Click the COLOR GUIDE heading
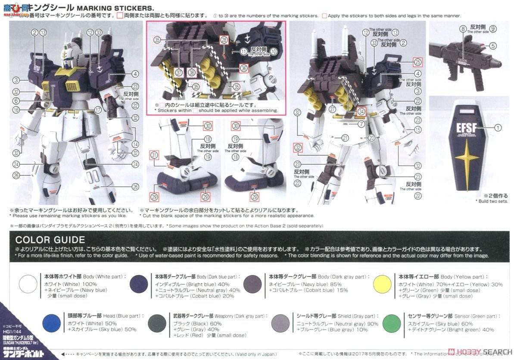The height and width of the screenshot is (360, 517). coord(50,240)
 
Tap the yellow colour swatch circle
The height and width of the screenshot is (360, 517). coord(382,284)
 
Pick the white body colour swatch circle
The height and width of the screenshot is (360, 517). coord(28,284)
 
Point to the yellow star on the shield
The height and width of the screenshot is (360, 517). coord(467,160)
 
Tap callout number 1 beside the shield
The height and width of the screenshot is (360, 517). coord(498,127)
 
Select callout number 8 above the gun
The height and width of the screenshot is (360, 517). coord(463,29)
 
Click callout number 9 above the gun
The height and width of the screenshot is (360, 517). coord(493,29)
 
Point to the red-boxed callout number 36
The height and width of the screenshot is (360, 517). coord(244,68)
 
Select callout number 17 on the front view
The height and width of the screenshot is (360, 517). coord(98,110)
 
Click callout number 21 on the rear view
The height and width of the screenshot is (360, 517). coord(345,138)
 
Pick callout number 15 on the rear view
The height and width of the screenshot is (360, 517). coord(417,130)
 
